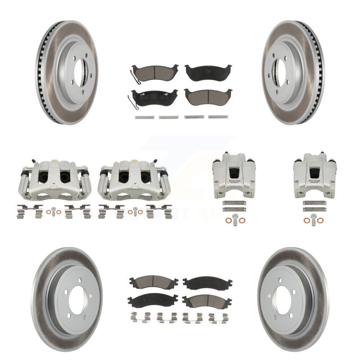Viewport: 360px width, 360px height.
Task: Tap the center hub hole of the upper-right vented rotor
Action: click(281, 72)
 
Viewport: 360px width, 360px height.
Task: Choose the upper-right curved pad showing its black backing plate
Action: click(208, 72)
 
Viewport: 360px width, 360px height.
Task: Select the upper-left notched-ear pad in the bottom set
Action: click(153, 282)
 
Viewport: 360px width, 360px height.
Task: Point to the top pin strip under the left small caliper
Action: click(234, 203)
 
